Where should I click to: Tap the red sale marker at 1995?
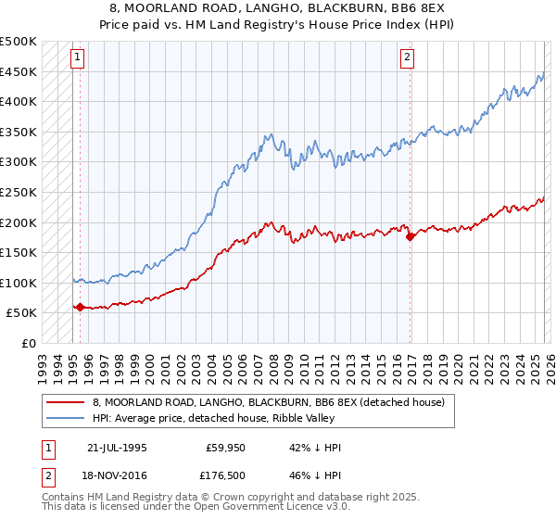(x=80, y=307)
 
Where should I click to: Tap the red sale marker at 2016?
(x=409, y=236)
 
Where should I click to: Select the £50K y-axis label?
(x=22, y=313)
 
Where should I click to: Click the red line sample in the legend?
(x=66, y=402)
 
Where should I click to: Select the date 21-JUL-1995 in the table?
(x=119, y=448)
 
